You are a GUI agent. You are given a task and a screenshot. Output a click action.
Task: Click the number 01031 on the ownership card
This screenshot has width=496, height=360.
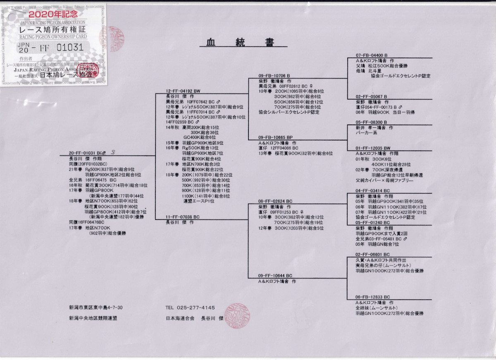point(70,48)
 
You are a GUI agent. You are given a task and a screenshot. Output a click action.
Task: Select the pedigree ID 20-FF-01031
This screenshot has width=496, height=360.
point(82,153)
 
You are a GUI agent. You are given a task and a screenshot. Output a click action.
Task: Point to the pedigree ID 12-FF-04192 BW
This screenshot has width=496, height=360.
point(183,91)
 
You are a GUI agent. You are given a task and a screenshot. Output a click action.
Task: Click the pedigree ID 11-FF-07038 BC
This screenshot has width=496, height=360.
point(183,217)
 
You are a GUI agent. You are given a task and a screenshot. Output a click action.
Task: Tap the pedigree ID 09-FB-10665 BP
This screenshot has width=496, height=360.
point(275,137)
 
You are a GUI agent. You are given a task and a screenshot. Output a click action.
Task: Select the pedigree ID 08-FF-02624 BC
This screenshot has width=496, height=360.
point(275,201)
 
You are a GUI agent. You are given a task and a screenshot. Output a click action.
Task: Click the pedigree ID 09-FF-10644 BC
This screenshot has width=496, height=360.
point(275,276)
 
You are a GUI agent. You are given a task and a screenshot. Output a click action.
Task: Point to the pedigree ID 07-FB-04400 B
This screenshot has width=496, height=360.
point(372,55)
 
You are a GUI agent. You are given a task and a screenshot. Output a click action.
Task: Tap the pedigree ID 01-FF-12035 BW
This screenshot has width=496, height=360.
point(373,148)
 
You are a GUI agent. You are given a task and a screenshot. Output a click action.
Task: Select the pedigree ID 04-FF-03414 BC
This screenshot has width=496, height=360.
point(373,191)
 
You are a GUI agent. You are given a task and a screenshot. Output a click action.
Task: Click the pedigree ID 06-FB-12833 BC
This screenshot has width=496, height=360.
point(373,297)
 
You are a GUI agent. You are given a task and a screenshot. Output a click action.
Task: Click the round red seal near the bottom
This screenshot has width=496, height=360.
point(238,315)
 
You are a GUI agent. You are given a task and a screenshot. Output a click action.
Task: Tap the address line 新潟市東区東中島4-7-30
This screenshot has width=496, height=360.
point(96,308)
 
